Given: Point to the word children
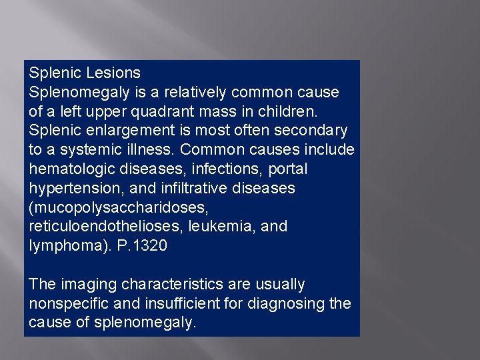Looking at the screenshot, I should [x=297, y=111].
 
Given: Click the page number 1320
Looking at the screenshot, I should [x=151, y=246].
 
